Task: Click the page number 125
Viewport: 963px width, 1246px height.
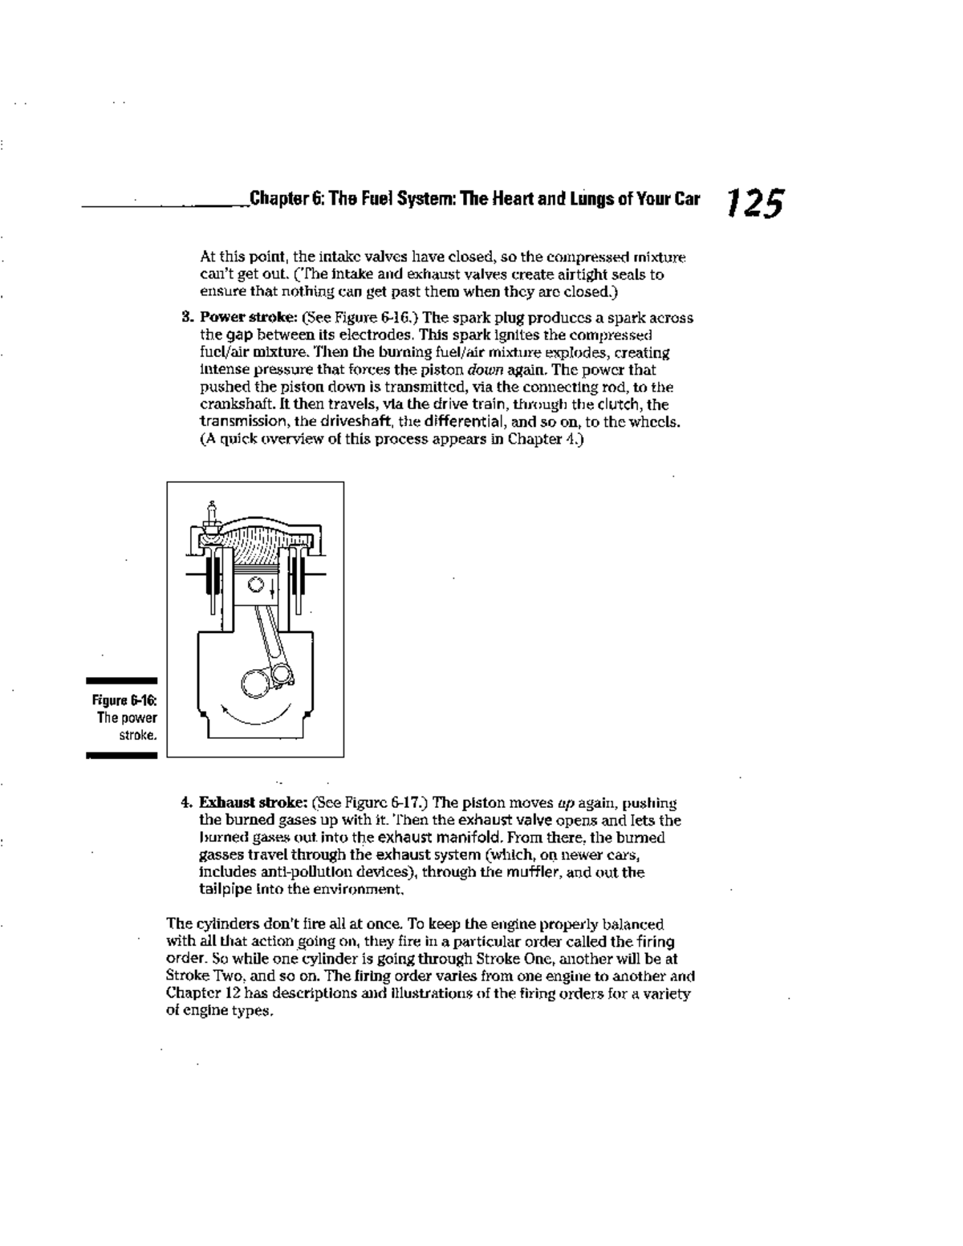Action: [754, 203]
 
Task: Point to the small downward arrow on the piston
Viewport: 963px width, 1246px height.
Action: [272, 592]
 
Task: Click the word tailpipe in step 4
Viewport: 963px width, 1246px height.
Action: [224, 889]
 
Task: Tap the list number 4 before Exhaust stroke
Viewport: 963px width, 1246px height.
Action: [185, 803]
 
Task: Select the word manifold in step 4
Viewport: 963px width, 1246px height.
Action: [451, 838]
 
